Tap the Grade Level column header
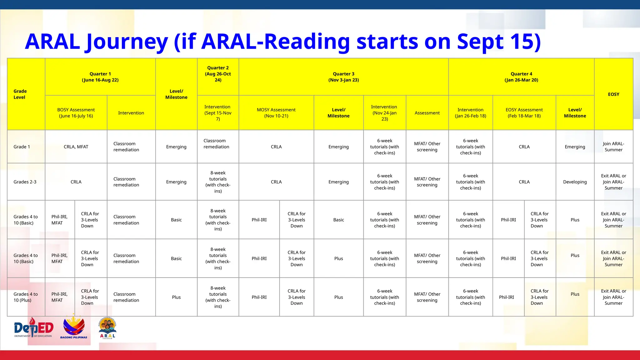pos(20,94)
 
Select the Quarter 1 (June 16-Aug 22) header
pos(100,77)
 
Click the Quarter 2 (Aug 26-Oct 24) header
pos(218,74)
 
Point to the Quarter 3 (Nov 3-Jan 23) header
pos(343,77)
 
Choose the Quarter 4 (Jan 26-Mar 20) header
pos(521,77)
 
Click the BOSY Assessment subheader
pos(76,113)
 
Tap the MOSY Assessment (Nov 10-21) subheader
pos(276,113)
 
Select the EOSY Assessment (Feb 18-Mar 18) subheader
pos(524,113)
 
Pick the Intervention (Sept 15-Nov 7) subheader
pos(218,113)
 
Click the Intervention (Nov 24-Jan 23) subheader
pos(384,113)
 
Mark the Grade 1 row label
pos(22,147)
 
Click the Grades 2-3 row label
pos(25,182)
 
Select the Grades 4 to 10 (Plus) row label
pos(26,297)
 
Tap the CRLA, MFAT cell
pos(76,147)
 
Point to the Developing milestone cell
pos(575,182)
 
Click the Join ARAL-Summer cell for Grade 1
pos(613,147)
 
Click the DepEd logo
pos(34,328)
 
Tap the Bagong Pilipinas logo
pos(74,327)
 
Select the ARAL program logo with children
pos(107,328)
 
